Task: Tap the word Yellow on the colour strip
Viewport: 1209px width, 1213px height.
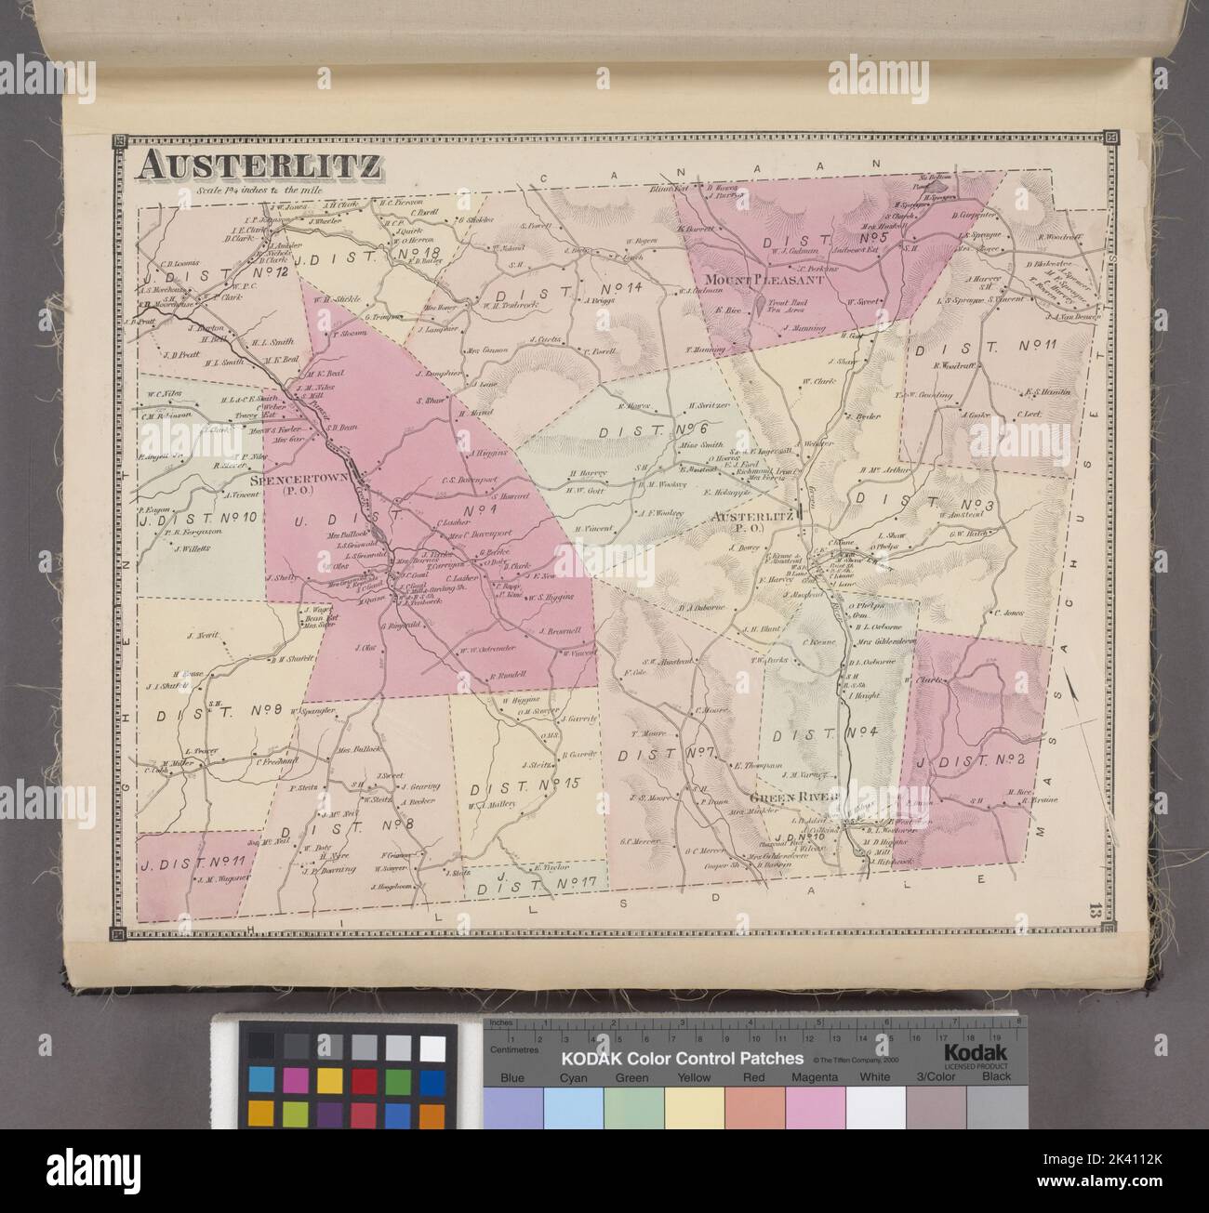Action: [x=694, y=1077]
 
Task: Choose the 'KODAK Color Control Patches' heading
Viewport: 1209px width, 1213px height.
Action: [x=681, y=1059]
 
